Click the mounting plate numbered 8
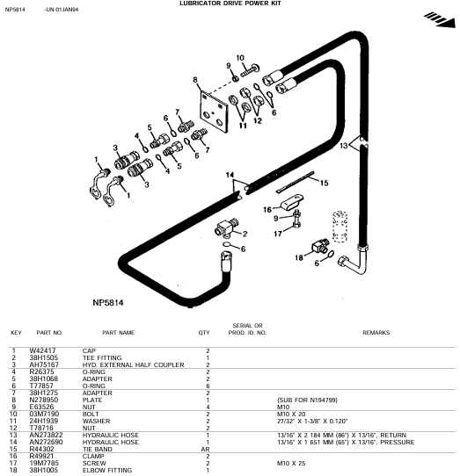tap(214, 112)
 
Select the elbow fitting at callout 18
tap(320, 245)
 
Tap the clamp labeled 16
tap(291, 202)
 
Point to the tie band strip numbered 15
tap(295, 182)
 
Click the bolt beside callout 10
tap(250, 70)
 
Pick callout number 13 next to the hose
tap(344, 146)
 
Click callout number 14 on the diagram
tap(230, 175)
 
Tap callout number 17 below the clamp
tap(278, 234)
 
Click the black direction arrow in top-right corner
tap(441, 19)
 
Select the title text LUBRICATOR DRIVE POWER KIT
tap(230, 4)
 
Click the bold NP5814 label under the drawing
tap(108, 303)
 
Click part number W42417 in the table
tap(42, 350)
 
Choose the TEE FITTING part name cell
tap(102, 357)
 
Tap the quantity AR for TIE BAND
tap(206, 449)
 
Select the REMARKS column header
tap(376, 333)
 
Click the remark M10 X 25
tap(291, 463)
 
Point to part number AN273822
tap(46, 435)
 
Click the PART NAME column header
tap(118, 333)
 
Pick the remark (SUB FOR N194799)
tap(307, 400)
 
